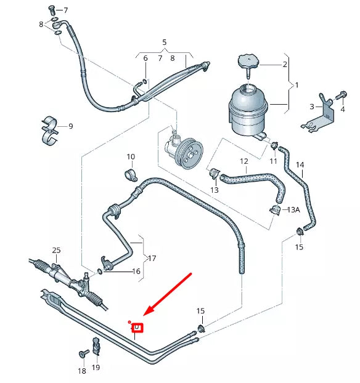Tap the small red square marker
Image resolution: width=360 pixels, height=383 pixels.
pos(137,328)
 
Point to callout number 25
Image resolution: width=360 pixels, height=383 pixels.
pos(56,250)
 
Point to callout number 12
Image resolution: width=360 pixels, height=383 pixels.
pos(243,162)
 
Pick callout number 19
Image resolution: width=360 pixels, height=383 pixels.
pos(96,368)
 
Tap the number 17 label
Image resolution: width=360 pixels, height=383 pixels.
pos(152,259)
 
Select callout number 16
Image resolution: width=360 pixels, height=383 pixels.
pos(137,271)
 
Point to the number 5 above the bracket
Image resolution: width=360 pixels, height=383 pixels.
pos(165,42)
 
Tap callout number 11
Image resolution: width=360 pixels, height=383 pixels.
pos(273,161)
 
